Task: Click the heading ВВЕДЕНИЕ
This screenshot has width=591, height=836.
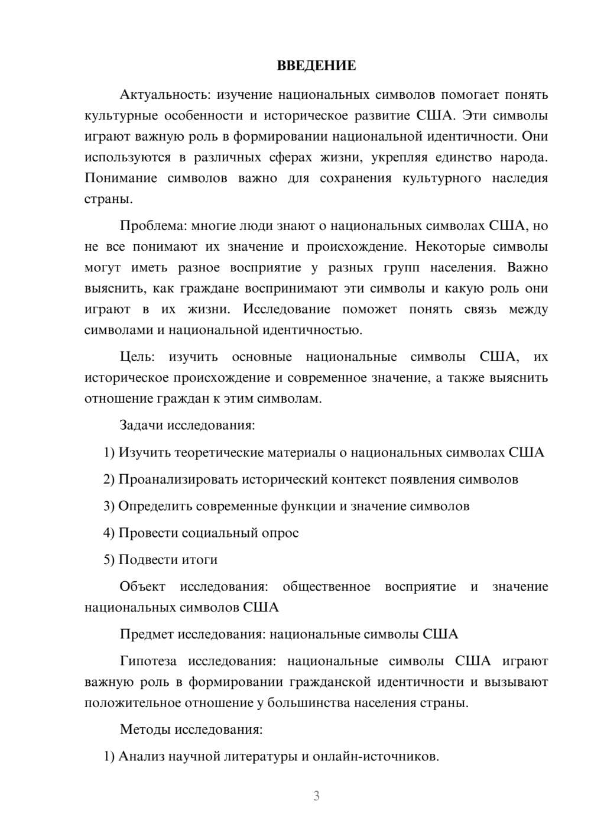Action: (316, 66)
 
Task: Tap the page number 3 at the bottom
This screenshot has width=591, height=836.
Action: (316, 796)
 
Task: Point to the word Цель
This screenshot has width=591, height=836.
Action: (137, 357)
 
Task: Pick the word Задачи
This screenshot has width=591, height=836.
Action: (142, 426)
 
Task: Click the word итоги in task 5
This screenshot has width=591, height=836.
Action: (201, 560)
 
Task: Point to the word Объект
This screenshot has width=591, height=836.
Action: (142, 587)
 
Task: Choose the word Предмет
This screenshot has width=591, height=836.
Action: (145, 634)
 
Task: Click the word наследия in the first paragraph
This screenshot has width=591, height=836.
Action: (519, 179)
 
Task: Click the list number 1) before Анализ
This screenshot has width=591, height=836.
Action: (109, 757)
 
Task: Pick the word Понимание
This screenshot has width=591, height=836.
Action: (121, 179)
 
